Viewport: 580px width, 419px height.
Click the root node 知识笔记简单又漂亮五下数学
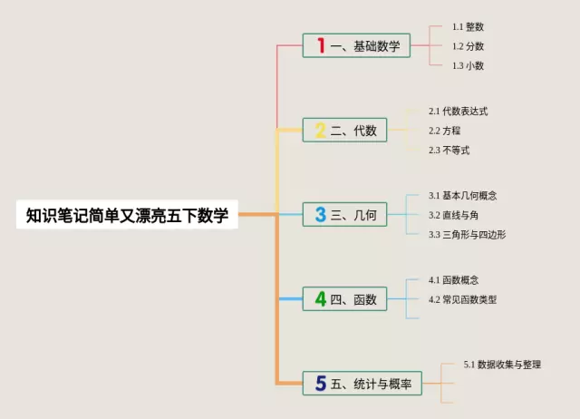coord(127,215)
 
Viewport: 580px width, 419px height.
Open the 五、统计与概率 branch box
coord(362,385)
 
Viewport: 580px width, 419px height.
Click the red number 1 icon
coord(320,45)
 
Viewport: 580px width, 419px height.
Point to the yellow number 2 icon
coord(320,131)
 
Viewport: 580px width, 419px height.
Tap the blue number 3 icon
coord(320,215)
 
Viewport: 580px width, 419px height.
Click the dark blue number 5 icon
coord(320,385)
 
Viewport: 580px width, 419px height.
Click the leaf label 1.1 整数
coord(468,26)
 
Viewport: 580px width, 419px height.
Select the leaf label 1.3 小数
coord(468,65)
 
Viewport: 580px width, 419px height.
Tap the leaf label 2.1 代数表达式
coord(459,111)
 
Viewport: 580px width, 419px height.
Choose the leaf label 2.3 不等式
coord(449,151)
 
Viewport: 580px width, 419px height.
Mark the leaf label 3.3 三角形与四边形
coord(468,235)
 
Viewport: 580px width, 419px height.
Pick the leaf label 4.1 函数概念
coord(454,279)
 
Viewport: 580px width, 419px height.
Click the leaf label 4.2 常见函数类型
coord(463,299)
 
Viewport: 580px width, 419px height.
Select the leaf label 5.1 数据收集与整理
coord(502,365)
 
